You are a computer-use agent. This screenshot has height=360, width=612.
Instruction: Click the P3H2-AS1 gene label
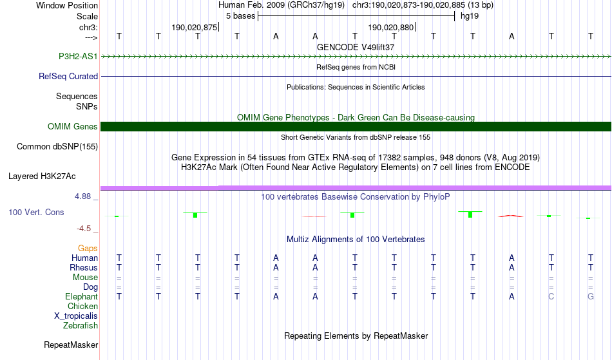(78, 57)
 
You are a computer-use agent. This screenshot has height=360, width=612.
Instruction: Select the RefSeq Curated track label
(68, 77)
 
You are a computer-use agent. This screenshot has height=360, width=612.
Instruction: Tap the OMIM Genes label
(73, 127)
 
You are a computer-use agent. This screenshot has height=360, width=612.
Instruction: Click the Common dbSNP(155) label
(57, 147)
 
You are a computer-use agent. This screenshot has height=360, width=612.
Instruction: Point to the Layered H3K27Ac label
(42, 176)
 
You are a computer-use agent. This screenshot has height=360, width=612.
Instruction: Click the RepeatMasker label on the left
(71, 345)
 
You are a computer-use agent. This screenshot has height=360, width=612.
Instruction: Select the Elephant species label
(81, 297)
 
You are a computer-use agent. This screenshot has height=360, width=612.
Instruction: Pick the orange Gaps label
(88, 249)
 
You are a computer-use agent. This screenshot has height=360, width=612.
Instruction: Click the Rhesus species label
(84, 268)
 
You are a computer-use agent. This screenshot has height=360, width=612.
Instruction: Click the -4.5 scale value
(87, 229)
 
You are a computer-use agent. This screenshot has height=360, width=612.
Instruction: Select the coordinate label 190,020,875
(195, 28)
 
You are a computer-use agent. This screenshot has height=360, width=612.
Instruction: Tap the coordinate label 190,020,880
(391, 28)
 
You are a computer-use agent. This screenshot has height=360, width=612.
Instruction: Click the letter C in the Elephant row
(551, 297)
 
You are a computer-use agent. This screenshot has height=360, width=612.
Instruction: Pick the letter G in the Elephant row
(590, 297)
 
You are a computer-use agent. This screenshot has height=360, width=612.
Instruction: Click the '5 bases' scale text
(240, 16)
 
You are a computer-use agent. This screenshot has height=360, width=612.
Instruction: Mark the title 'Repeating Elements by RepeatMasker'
(356, 336)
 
